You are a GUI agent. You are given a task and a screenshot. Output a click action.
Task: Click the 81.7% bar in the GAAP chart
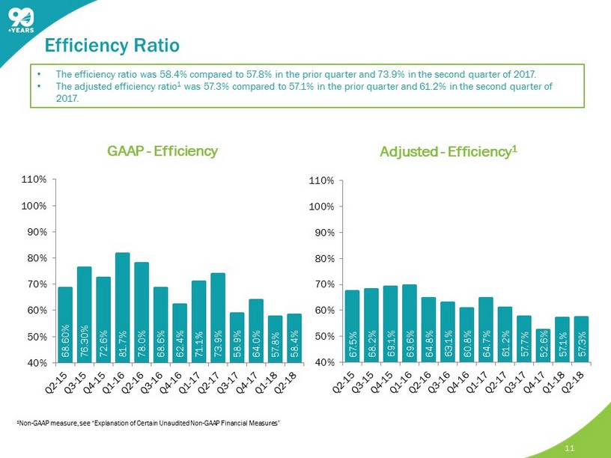point(123,308)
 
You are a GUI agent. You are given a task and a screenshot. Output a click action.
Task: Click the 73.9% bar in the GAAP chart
point(218,318)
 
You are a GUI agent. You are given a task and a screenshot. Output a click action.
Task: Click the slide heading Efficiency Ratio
point(112,46)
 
